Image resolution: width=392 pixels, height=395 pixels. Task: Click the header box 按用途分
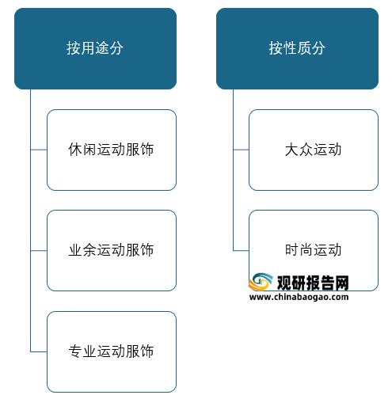(x=95, y=48)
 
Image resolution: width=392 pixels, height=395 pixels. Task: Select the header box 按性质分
(x=297, y=48)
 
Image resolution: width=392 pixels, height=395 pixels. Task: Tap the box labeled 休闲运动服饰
(x=112, y=150)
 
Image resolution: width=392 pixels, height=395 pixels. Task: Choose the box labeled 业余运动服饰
(x=112, y=251)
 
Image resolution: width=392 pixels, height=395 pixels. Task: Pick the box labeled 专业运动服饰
(x=112, y=351)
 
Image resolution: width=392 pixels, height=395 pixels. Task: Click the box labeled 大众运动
(x=314, y=150)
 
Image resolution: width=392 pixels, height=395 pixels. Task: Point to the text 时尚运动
(x=314, y=250)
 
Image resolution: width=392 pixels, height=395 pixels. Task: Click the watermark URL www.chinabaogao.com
(x=299, y=297)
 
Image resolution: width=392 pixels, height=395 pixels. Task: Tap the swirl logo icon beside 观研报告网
(x=261, y=282)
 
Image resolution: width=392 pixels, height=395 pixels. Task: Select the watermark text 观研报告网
(x=313, y=283)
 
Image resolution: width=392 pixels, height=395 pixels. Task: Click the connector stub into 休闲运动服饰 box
(x=39, y=150)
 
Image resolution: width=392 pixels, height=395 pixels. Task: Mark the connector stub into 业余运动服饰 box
(x=39, y=251)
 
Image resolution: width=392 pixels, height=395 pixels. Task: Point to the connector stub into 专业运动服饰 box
(x=39, y=351)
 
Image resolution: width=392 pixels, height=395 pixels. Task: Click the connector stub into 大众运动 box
(x=241, y=150)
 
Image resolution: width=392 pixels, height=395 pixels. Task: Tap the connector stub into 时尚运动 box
(x=241, y=251)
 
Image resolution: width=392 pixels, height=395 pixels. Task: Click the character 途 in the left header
(x=102, y=48)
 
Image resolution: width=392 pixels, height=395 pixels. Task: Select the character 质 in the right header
(x=304, y=48)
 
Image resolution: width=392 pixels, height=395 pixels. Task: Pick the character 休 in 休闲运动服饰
(x=75, y=150)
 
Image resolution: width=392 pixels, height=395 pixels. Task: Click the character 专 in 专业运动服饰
(x=75, y=351)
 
